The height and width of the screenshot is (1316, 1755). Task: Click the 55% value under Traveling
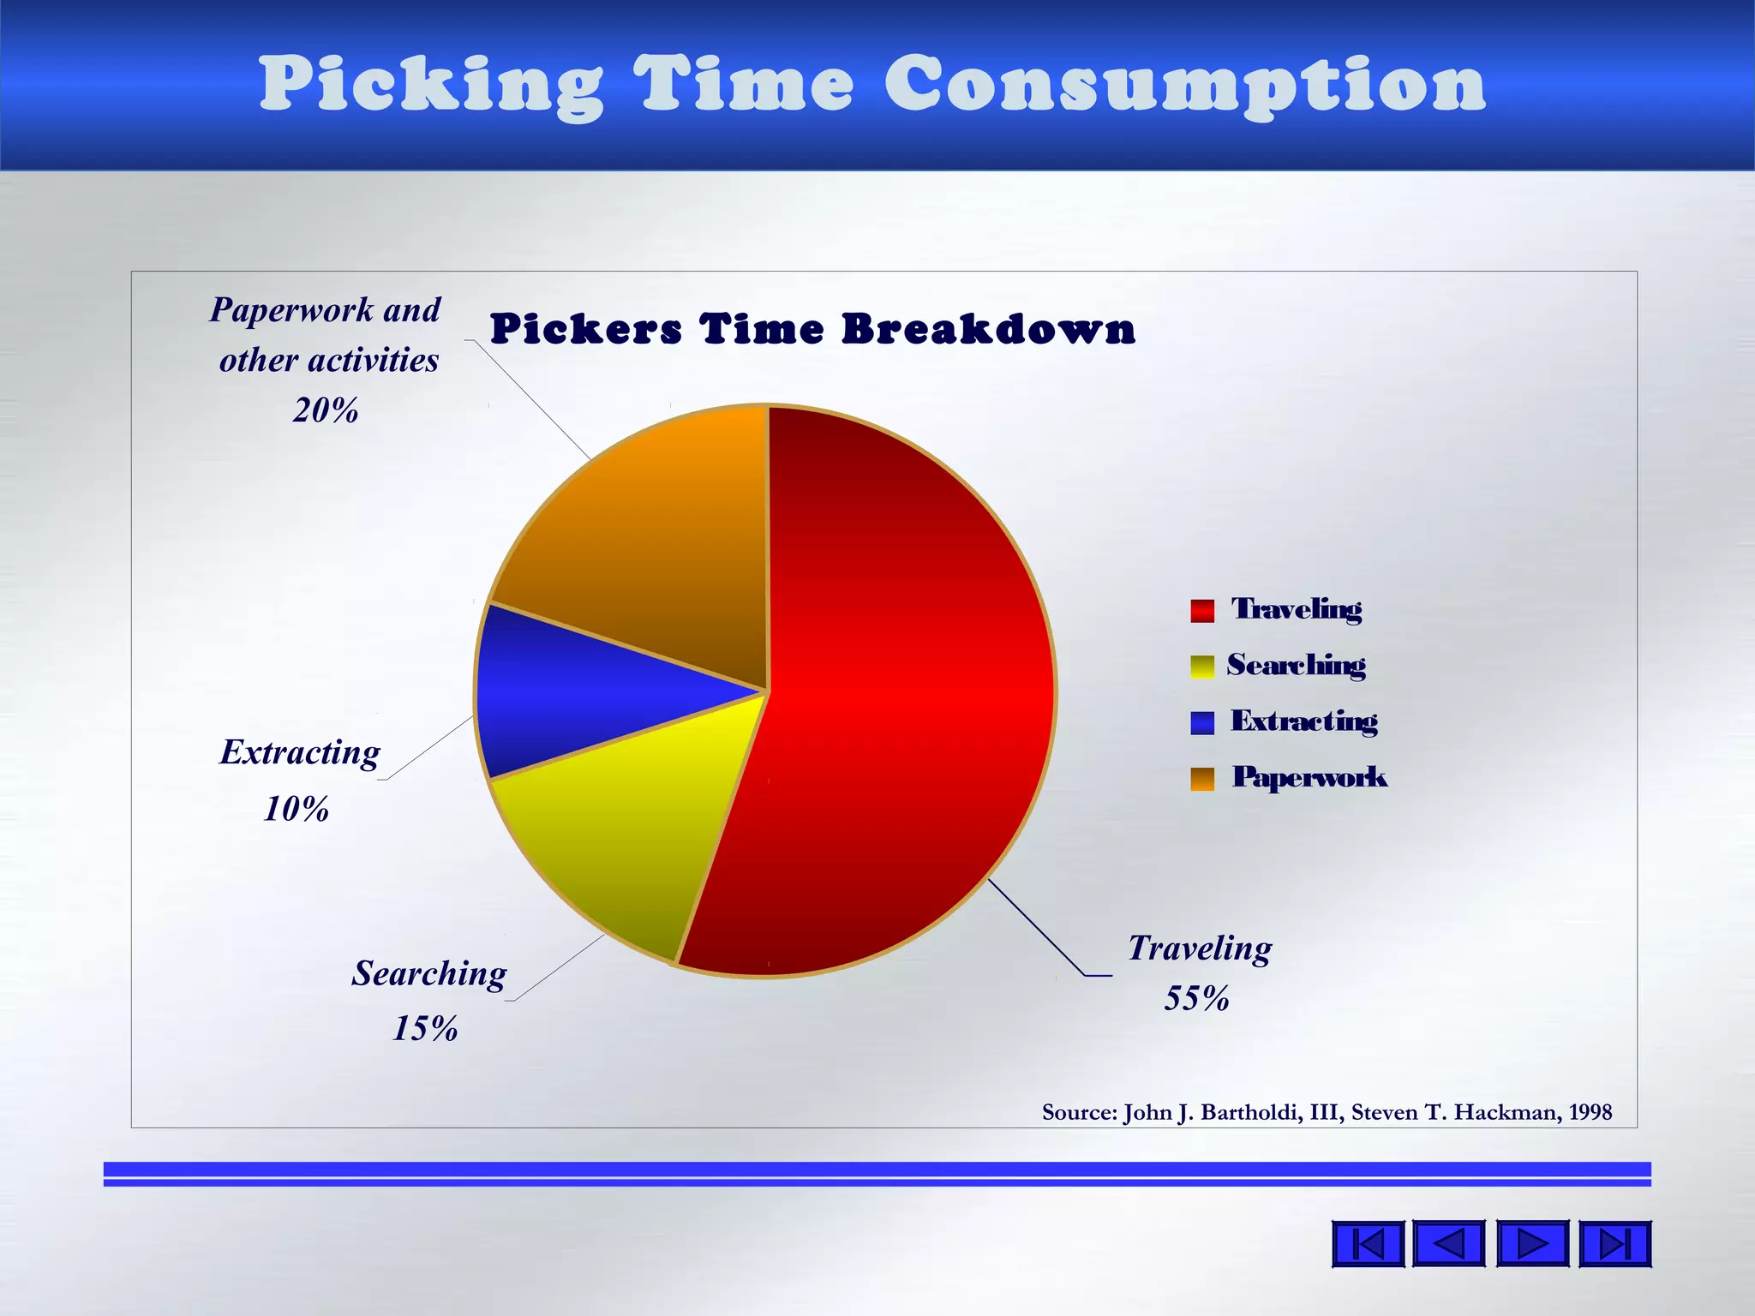click(1196, 999)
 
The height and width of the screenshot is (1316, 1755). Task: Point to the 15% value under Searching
click(425, 1028)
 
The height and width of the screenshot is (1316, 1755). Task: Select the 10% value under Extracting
click(296, 809)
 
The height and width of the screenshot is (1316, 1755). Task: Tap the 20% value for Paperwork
click(326, 411)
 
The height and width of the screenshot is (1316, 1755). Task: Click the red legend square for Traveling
click(1202, 610)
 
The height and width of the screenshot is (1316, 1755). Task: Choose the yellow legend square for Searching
click(1202, 667)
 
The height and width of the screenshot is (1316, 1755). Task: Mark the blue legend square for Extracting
click(1202, 722)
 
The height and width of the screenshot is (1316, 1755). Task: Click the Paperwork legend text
click(1309, 777)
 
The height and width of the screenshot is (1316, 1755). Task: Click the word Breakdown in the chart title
click(989, 330)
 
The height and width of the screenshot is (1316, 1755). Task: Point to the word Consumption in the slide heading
click(1185, 86)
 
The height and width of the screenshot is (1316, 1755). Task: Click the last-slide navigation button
click(1614, 1243)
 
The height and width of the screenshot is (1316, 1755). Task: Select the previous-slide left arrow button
click(1448, 1243)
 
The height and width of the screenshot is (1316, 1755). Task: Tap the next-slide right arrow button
click(1532, 1243)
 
